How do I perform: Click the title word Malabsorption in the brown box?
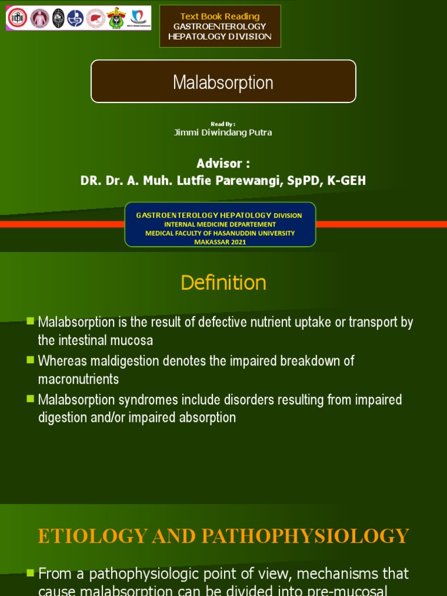[223, 83]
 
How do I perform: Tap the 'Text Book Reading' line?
[220, 16]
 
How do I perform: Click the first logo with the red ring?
[17, 19]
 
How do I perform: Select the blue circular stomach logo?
[76, 19]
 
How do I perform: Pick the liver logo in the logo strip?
[95, 19]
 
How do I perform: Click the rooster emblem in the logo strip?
[116, 19]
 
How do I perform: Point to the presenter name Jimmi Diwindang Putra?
[223, 132]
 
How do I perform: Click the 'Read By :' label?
[223, 123]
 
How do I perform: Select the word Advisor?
[218, 163]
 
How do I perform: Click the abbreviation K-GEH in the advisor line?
[347, 180]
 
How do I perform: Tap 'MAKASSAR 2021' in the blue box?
[220, 242]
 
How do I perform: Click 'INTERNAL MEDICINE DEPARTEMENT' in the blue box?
[220, 224]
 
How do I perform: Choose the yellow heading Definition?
[223, 283]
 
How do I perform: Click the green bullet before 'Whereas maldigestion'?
[30, 360]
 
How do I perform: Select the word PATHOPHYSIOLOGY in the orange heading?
[310, 535]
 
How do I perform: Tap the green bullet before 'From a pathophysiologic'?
[30, 574]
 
